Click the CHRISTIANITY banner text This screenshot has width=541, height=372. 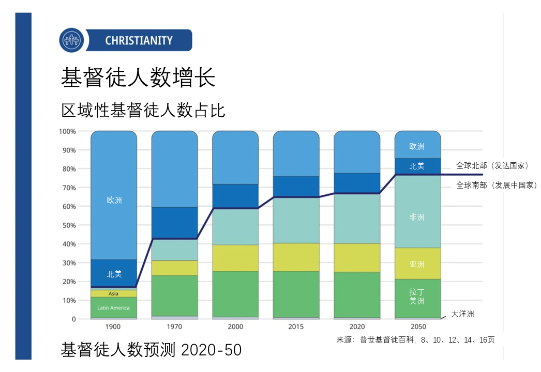coord(139,40)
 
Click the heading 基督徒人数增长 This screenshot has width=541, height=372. coord(138,78)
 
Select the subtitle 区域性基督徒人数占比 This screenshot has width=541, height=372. coord(144,110)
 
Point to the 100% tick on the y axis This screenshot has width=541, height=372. coord(67,131)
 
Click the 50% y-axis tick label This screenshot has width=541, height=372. coord(69,225)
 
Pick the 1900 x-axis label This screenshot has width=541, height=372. coord(113,327)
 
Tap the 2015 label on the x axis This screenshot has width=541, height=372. coord(296,327)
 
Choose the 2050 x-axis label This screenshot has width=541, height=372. coord(418,327)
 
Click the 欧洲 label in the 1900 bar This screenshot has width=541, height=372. coord(114,200)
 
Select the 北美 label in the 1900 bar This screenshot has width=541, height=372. coord(114,274)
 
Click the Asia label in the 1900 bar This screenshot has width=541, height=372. coord(114,293)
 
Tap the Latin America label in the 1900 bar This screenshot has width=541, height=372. coord(114,308)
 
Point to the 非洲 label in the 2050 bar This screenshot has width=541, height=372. coord(417,218)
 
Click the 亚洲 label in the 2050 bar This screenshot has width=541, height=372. coord(417,265)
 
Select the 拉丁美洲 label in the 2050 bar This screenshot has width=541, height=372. coord(417,297)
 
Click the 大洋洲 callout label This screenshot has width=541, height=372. coord(462,314)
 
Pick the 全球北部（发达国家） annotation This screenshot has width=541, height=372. coord(492,166)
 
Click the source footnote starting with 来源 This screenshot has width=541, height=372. coord(415,340)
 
